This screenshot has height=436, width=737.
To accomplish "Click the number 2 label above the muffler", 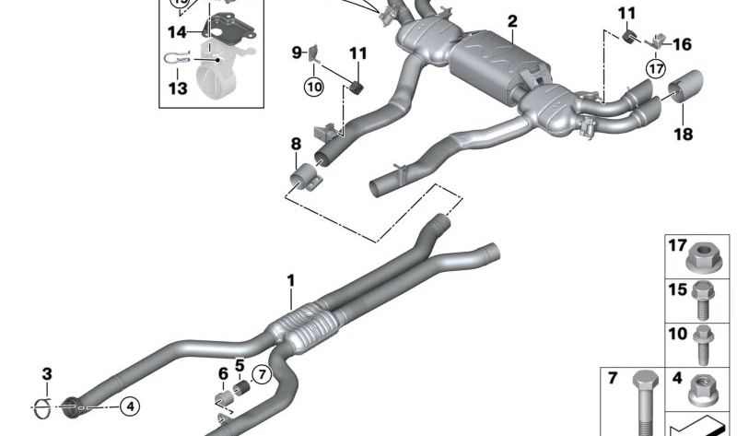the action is coord(512,21).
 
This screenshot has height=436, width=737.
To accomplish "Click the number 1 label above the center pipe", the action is coord(291,281).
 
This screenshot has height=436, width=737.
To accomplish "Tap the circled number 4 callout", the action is coord(130,406).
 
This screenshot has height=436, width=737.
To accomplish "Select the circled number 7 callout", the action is coord(262,375).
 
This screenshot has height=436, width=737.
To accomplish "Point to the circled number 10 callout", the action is coord(314,86).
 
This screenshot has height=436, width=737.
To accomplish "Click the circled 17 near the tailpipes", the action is coord(656,69).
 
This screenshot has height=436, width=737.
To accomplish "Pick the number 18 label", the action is coord(684,135).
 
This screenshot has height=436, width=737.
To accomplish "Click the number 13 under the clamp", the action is coord(178,88).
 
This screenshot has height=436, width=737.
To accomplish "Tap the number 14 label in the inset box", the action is coord(177,32).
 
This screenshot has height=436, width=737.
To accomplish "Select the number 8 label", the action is coord(296,144).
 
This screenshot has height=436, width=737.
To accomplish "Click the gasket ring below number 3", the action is coord(43,407).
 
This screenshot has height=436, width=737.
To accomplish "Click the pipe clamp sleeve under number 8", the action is coord(304,176).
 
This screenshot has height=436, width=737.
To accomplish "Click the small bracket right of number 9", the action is coord(314,54).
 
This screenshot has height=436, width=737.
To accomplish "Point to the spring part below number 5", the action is coord(241,388).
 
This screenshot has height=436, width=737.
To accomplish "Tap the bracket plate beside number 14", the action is coord(229,28).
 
